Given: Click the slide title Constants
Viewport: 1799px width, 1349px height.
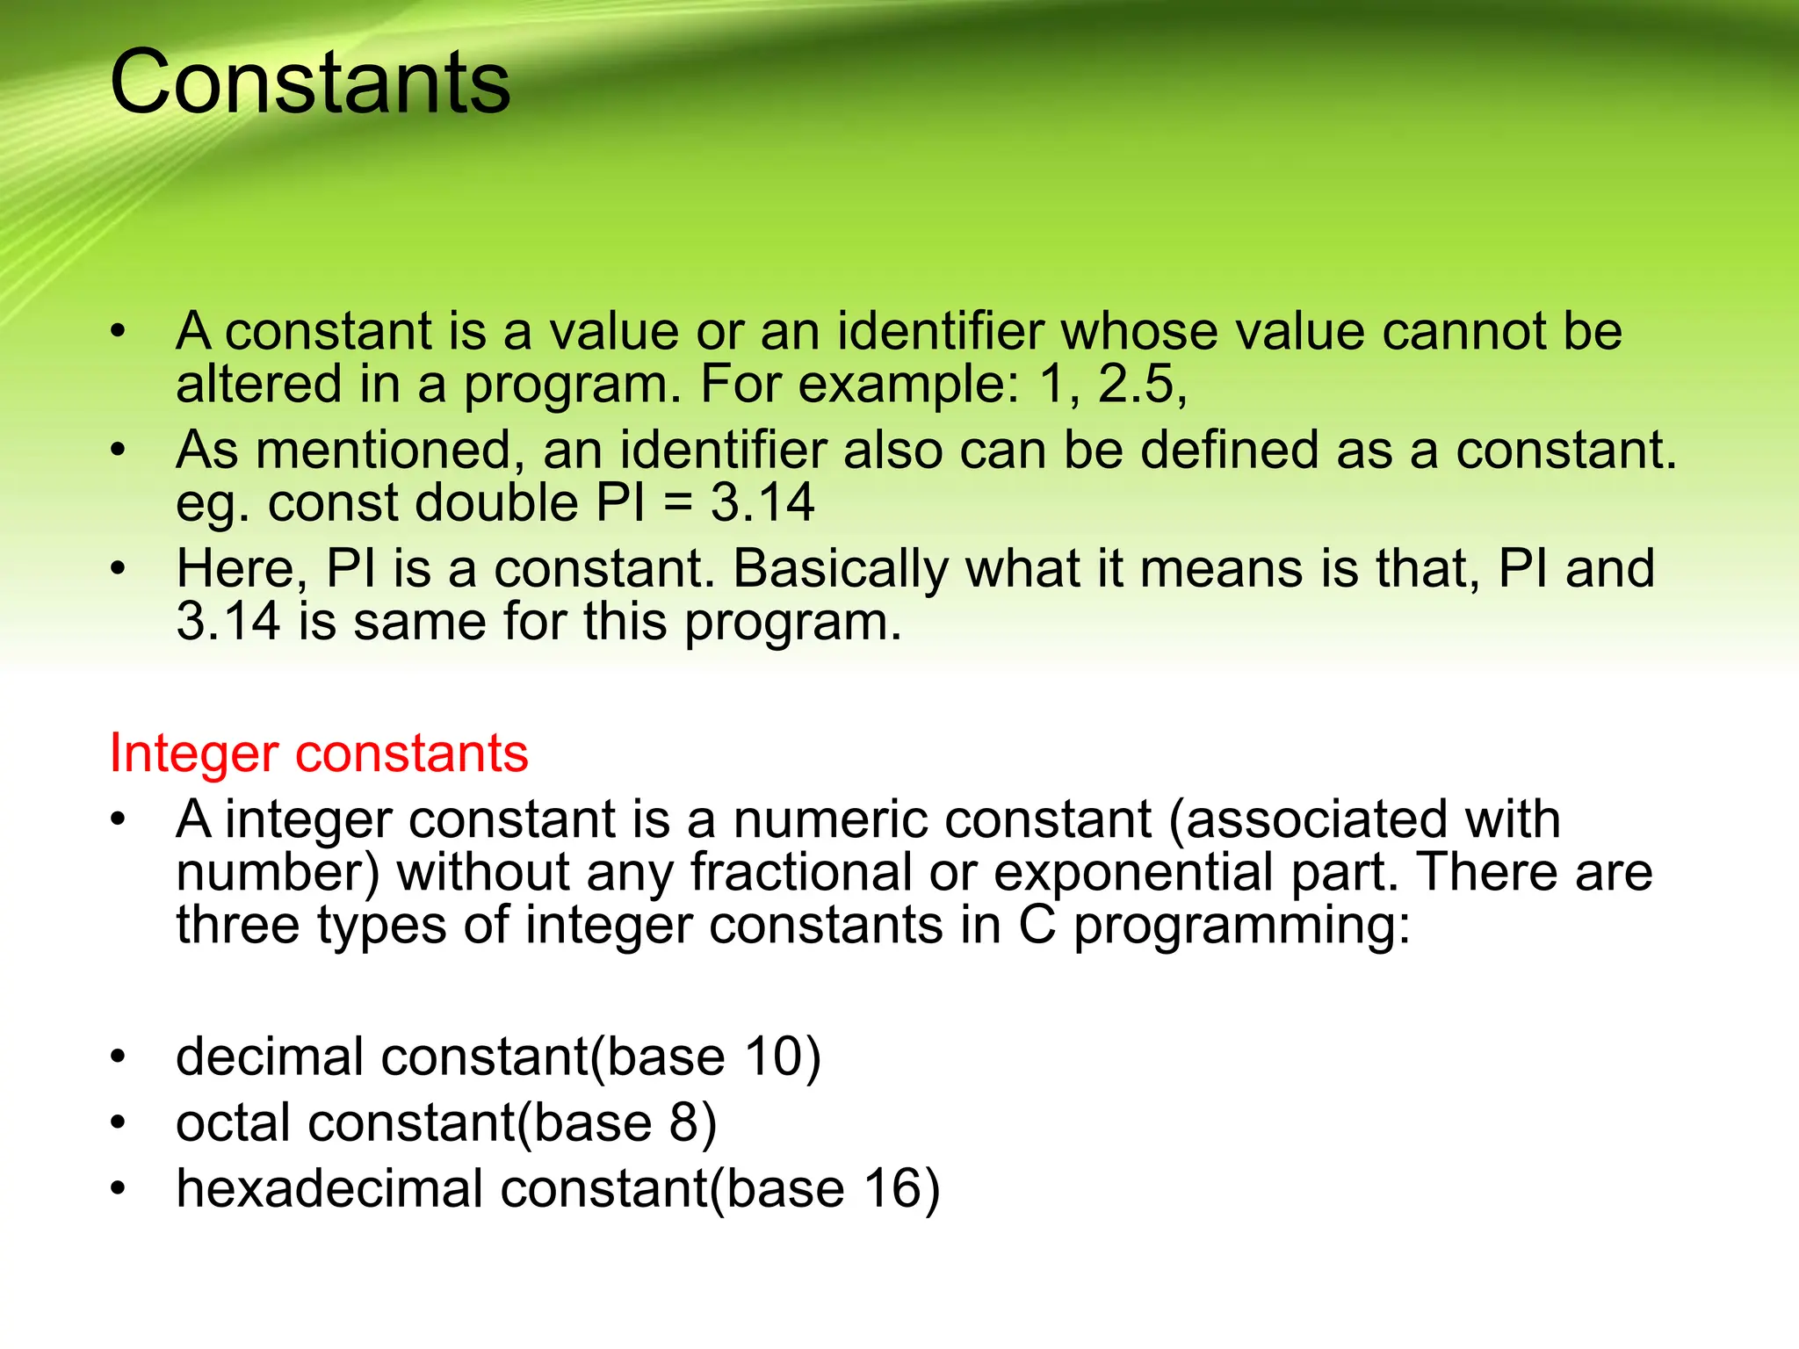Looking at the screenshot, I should pos(309,83).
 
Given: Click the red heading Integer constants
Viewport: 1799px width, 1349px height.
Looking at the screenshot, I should pos(319,754).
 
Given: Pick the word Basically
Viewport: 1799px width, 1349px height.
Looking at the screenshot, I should pos(841,569).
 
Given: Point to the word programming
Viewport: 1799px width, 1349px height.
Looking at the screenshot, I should pos(1239,926).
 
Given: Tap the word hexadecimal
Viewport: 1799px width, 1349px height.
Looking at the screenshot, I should pos(329,1189).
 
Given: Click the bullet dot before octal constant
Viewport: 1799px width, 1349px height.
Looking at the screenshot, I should pos(119,1123).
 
